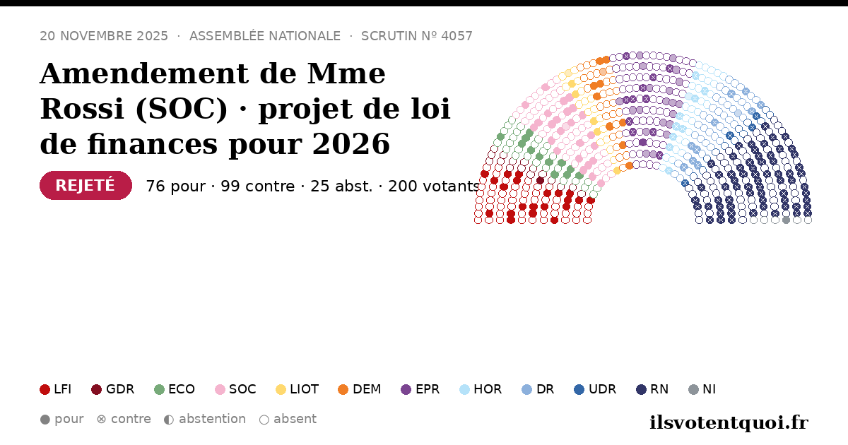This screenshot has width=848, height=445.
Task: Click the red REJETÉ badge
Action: click(x=86, y=185)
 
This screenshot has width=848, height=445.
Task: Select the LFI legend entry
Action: click(x=55, y=389)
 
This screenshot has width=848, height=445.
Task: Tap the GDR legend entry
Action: click(x=113, y=389)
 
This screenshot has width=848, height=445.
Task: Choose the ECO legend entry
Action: click(x=175, y=389)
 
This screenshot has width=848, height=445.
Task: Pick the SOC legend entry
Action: click(x=235, y=389)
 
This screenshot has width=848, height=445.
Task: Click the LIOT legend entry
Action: click(x=298, y=389)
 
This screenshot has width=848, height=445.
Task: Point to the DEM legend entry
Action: click(x=359, y=389)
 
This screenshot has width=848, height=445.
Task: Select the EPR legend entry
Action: click(x=420, y=389)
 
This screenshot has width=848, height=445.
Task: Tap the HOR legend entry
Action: click(x=481, y=389)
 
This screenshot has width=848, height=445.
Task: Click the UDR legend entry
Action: click(x=595, y=389)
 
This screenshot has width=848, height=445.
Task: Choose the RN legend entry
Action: click(x=652, y=389)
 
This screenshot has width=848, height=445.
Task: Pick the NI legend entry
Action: click(x=702, y=389)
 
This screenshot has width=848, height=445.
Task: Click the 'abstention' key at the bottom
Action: click(x=205, y=420)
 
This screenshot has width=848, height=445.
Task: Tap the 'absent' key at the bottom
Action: click(x=288, y=420)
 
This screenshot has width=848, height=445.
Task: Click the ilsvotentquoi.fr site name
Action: click(x=729, y=422)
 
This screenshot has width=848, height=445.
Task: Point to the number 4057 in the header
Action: click(x=457, y=36)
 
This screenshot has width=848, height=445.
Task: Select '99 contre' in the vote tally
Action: click(x=258, y=186)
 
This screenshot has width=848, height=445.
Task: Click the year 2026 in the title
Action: click(x=351, y=144)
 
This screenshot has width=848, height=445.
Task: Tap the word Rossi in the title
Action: click(x=82, y=109)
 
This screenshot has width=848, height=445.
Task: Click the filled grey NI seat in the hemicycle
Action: click(x=786, y=220)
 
